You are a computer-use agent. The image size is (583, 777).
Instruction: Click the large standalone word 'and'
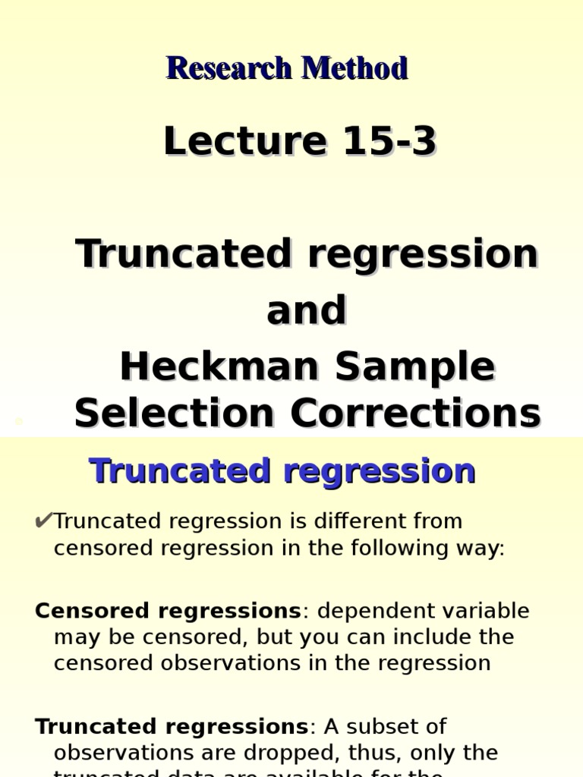tap(307, 310)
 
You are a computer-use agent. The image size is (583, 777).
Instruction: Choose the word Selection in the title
tap(174, 414)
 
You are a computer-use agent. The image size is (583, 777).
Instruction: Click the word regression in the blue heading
tap(380, 471)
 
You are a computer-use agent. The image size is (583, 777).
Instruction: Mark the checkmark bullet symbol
tap(43, 521)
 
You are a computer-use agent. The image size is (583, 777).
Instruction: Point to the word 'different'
tap(372, 521)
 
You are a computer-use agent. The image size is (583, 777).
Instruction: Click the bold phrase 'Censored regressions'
tap(169, 611)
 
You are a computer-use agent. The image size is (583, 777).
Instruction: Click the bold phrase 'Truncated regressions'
tap(172, 726)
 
